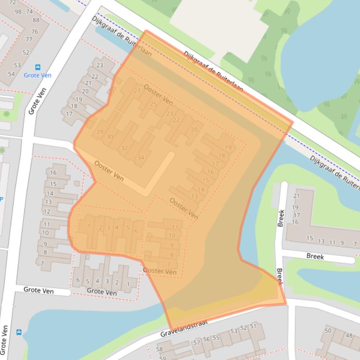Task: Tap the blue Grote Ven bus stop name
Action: pos(37,75)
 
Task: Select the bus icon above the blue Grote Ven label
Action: pos(38,67)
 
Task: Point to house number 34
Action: pos(140,158)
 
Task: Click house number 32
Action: pos(124,148)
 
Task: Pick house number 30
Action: pos(110,137)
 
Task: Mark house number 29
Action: pos(100,132)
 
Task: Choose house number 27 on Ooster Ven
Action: pos(137,91)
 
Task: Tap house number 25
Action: pos(153,104)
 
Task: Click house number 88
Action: pos(36,20)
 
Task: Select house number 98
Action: pos(18,12)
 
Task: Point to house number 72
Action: pos(12,3)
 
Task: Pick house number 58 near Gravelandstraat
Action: pos(160,349)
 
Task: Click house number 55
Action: pos(216,338)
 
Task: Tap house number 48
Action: pos(349,335)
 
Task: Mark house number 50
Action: pos(328,331)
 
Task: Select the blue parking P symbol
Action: pos(1,199)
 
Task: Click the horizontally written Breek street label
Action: pos(315,257)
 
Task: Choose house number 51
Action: pos(253,326)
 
